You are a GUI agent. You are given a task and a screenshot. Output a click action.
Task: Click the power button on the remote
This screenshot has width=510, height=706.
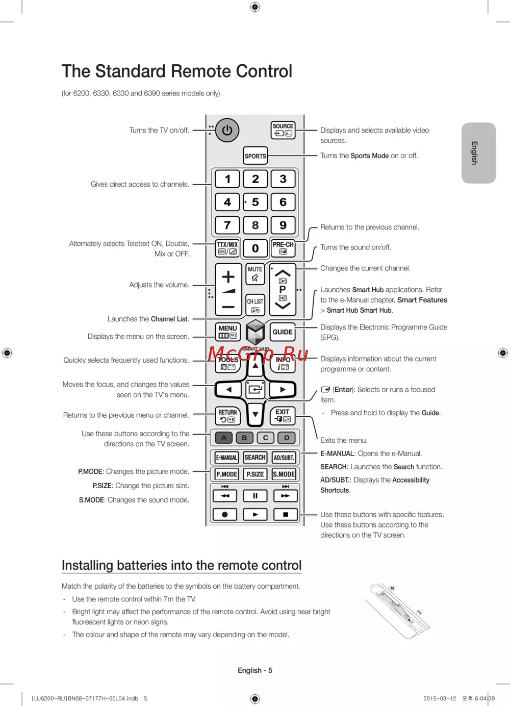[227, 131]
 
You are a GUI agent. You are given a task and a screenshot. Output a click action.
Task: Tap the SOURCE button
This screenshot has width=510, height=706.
[283, 130]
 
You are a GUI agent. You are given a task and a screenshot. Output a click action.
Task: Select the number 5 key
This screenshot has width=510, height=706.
[255, 202]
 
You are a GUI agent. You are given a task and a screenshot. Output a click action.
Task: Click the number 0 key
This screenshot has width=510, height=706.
[255, 248]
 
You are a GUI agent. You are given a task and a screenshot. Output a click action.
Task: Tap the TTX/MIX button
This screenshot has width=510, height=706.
[227, 248]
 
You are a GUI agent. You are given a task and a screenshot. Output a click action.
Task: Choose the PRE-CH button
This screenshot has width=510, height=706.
[283, 248]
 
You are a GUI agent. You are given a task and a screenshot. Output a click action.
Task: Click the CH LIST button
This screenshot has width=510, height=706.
[255, 305]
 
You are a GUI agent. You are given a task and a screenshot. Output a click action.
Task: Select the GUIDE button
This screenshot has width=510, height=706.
[283, 332]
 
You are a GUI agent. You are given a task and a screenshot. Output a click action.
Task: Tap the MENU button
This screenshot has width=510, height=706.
[227, 332]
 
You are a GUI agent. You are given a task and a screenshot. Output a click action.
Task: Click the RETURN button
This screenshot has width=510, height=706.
[227, 416]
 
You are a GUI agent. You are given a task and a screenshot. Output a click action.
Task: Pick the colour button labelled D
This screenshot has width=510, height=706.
[287, 438]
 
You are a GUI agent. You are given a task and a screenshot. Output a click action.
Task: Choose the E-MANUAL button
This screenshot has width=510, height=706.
[226, 458]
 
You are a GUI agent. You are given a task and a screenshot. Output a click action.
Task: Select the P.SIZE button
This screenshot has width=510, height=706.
[255, 474]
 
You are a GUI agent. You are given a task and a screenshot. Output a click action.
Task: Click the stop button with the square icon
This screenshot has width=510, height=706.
[286, 514]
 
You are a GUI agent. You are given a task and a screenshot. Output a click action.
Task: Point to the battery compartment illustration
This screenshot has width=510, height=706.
[398, 610]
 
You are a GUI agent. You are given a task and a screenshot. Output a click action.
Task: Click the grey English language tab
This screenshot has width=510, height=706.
[478, 153]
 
